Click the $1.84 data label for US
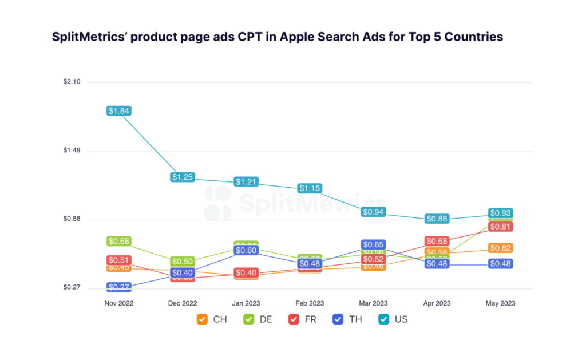click(119, 111)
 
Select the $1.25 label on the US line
click(183, 177)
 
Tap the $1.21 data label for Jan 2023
click(246, 182)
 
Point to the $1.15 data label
click(310, 188)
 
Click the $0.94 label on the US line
click(373, 212)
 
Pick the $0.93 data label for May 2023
click(500, 213)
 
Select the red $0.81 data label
click(500, 227)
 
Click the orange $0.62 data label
click(500, 248)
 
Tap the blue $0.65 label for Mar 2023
click(373, 244)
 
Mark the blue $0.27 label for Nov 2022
click(119, 287)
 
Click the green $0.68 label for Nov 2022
click(119, 242)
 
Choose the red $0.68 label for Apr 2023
click(437, 242)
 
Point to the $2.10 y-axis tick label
click(72, 82)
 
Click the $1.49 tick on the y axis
click(72, 151)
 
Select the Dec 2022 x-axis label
click(183, 303)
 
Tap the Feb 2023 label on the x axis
click(310, 303)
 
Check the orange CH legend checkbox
click(202, 319)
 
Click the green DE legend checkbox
click(248, 319)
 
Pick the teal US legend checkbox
click(383, 319)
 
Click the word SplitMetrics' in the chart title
click(87, 37)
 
